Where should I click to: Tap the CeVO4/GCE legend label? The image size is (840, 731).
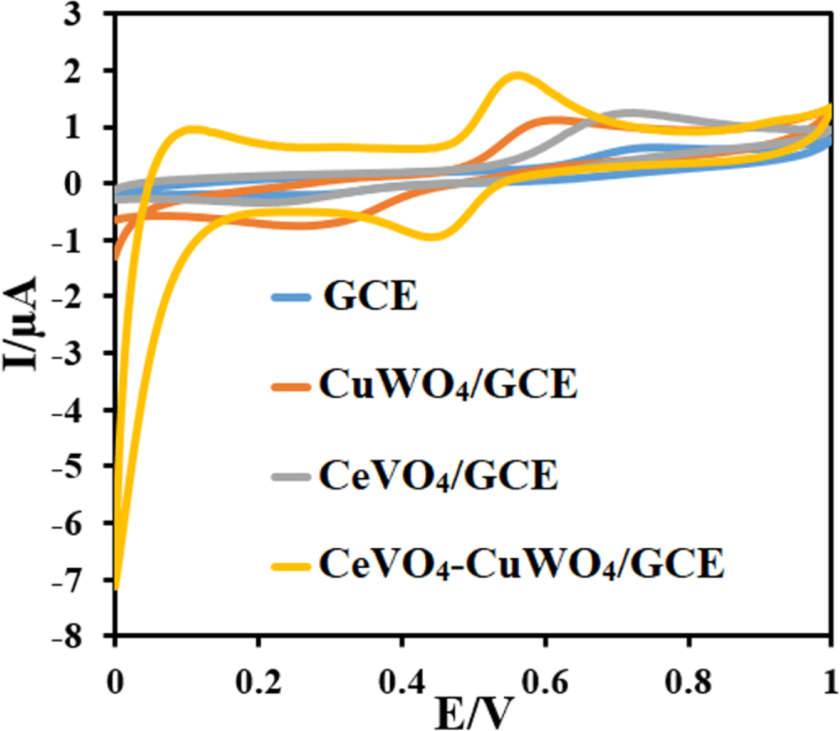[439, 476]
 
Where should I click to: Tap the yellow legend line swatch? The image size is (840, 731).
[292, 566]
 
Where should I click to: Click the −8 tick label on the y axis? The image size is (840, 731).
[81, 636]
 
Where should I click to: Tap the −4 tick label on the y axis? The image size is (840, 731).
[81, 410]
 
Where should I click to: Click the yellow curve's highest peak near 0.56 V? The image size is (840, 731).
[517, 77]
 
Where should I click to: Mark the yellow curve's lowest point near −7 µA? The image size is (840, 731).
[117, 587]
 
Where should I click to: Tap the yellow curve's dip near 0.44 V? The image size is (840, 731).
[432, 237]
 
